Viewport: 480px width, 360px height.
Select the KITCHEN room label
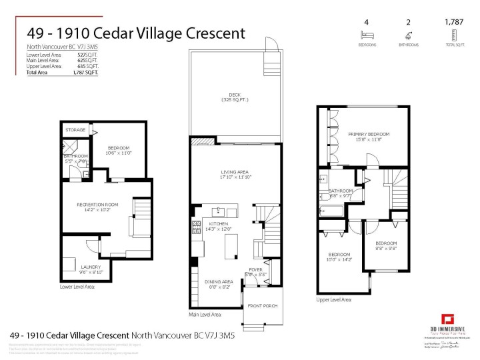[x=219, y=223]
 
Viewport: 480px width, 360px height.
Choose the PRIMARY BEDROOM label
[x=369, y=134]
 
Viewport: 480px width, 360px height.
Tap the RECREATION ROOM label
[x=97, y=204]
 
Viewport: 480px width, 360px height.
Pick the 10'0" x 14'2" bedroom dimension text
[x=339, y=259]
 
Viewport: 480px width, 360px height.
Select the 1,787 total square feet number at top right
[x=454, y=21]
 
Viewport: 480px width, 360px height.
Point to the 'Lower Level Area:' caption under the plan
[x=77, y=286]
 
